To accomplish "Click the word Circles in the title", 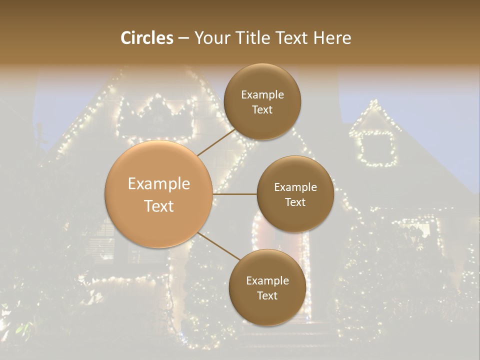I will coord(146,38).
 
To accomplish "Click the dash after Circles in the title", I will coord(183,38).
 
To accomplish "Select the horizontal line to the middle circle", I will coord(235,194).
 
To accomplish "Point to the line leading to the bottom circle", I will coord(218,246).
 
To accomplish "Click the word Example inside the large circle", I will coord(159,184).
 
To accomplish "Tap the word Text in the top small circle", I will coord(262,110).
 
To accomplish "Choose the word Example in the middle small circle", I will coord(295,187).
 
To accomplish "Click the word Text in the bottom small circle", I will coord(267,295).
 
